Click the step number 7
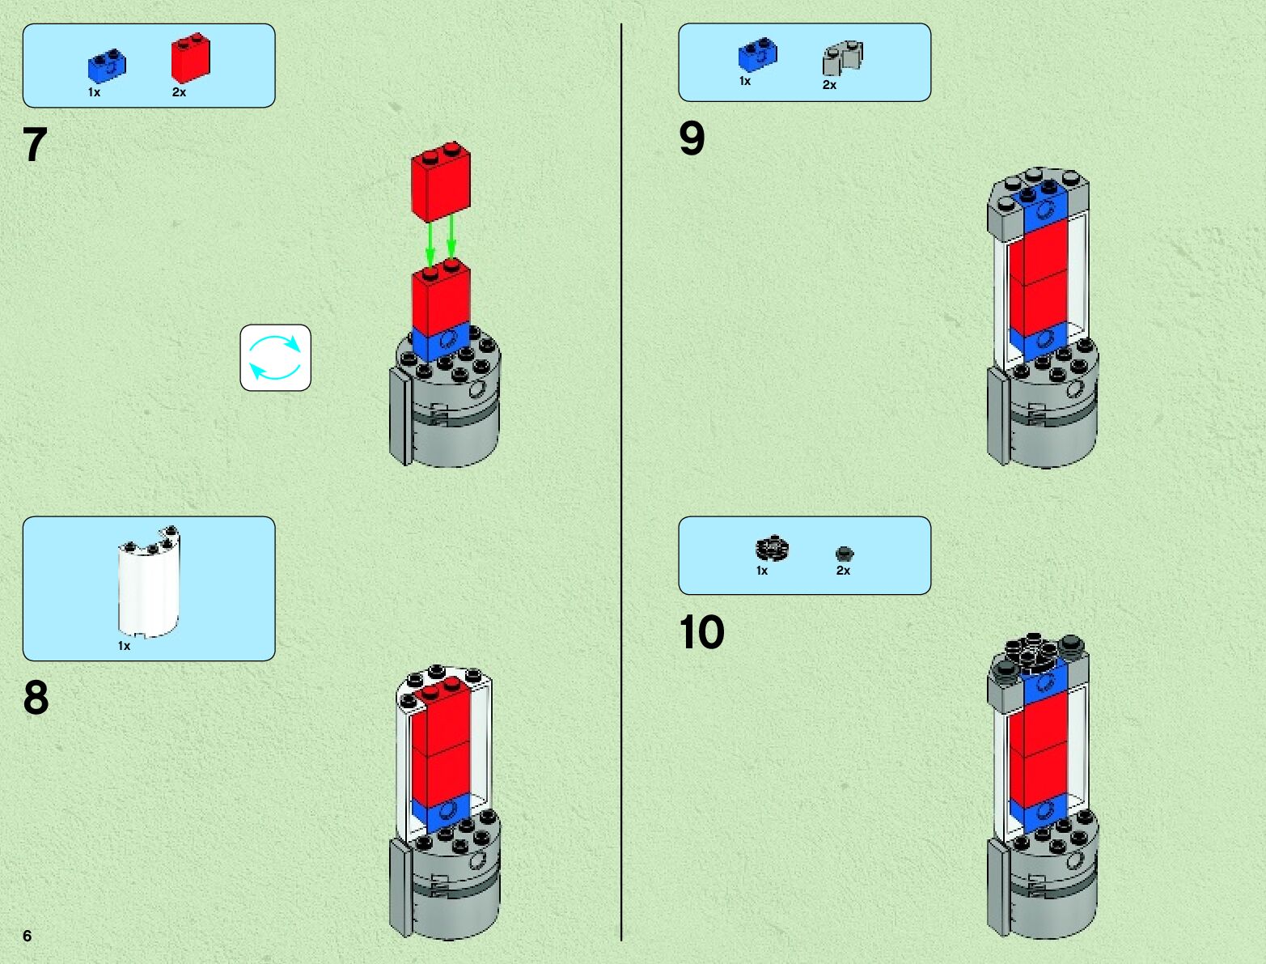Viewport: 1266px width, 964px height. click(x=35, y=146)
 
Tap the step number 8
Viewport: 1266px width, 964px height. click(x=36, y=698)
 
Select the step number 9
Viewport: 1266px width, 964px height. click(x=692, y=138)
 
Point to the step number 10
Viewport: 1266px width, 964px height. click(x=701, y=632)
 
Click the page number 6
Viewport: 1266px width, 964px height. click(x=27, y=936)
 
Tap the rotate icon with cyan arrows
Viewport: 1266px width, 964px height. click(x=275, y=358)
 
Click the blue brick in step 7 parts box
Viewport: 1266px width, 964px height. click(x=107, y=66)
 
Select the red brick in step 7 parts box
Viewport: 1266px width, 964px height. click(x=190, y=57)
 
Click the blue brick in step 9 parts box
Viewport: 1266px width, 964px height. click(x=758, y=54)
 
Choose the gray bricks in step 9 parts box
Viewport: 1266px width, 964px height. click(x=843, y=58)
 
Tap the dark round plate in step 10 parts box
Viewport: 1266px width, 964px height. click(x=772, y=549)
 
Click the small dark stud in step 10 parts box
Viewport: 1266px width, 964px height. click(x=845, y=554)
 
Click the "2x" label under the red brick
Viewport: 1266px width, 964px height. click(x=179, y=92)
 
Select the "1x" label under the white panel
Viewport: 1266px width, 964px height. click(x=124, y=646)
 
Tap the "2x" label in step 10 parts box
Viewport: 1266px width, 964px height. click(x=843, y=571)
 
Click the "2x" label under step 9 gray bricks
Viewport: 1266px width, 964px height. click(x=829, y=85)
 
